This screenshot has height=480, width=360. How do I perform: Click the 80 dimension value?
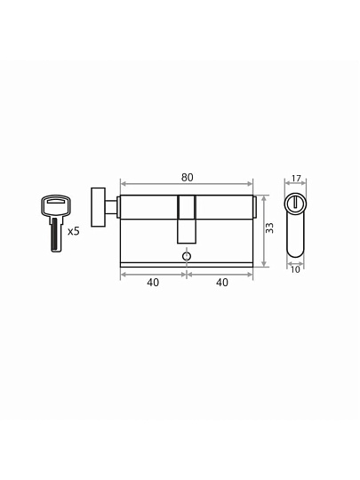(187, 178)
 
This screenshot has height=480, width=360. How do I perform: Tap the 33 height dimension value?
(269, 228)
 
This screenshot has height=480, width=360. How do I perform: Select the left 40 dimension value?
(153, 283)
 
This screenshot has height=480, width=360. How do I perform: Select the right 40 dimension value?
(222, 283)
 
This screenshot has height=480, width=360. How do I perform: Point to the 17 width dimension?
(296, 178)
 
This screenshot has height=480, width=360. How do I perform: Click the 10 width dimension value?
(295, 269)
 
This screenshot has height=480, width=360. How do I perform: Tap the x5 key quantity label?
(74, 231)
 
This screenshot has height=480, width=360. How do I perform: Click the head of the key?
(56, 204)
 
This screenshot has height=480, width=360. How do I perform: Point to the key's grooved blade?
(56, 234)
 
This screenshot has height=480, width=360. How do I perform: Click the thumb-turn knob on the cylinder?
(99, 207)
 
